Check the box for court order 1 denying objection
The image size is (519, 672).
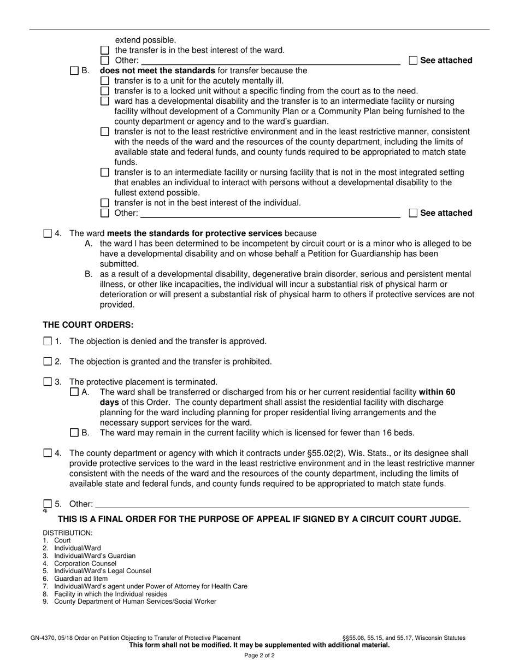pos(48,341)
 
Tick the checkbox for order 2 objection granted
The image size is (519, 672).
pos(48,362)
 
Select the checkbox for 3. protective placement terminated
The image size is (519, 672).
pos(48,382)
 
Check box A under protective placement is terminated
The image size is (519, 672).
pos(74,392)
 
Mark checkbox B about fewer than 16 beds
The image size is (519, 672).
pos(74,433)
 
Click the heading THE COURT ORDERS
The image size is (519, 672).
pos(88,325)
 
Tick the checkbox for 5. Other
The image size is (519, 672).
pos(48,504)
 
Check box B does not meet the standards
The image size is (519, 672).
pos(74,70)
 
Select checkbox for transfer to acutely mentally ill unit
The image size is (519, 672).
pos(105,81)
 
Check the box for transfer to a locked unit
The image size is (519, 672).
pos(105,91)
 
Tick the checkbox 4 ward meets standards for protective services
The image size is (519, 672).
pos(48,234)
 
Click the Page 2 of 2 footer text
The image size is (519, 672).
pos(259,656)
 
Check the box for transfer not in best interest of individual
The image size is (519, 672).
pos(105,203)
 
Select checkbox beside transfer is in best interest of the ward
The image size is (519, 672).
pos(105,50)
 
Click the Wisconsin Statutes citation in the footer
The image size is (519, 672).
pos(404,638)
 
